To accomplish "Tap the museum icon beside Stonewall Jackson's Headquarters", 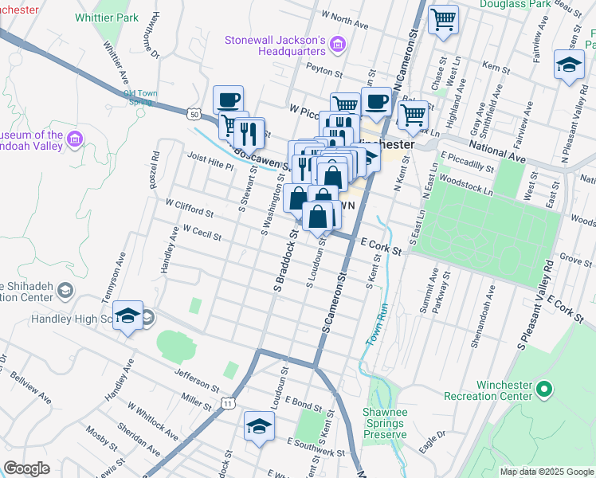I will click(337, 45).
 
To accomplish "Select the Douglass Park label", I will click(509, 4).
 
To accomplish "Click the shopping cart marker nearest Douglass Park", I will click(443, 19).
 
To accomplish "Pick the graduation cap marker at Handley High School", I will click(127, 316).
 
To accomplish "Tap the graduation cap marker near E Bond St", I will click(258, 425).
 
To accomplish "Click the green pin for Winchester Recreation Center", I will click(544, 390).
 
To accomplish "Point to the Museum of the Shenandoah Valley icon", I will click(75, 140).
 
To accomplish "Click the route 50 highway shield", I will click(194, 115).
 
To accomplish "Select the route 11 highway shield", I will click(228, 404).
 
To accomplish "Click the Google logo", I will click(27, 468).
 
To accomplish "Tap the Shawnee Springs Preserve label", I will click(385, 423).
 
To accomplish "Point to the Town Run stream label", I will click(376, 324).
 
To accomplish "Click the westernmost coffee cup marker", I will click(228, 100).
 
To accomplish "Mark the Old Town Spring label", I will click(140, 97).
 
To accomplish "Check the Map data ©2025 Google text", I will click(546, 472).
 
